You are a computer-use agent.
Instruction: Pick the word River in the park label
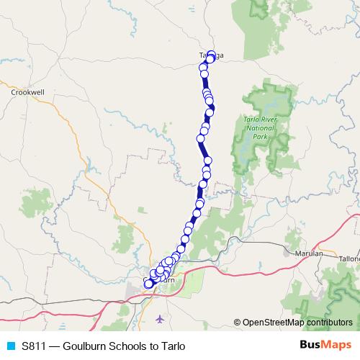click(x=268, y=115)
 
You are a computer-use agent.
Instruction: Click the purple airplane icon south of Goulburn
click(x=159, y=318)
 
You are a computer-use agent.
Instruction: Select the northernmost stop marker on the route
click(x=211, y=53)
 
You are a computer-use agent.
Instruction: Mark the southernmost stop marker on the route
click(x=149, y=284)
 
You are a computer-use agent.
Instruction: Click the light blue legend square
click(x=10, y=346)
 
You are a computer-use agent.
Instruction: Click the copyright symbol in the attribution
click(x=238, y=323)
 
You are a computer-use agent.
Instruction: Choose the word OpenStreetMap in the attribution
click(x=274, y=323)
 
